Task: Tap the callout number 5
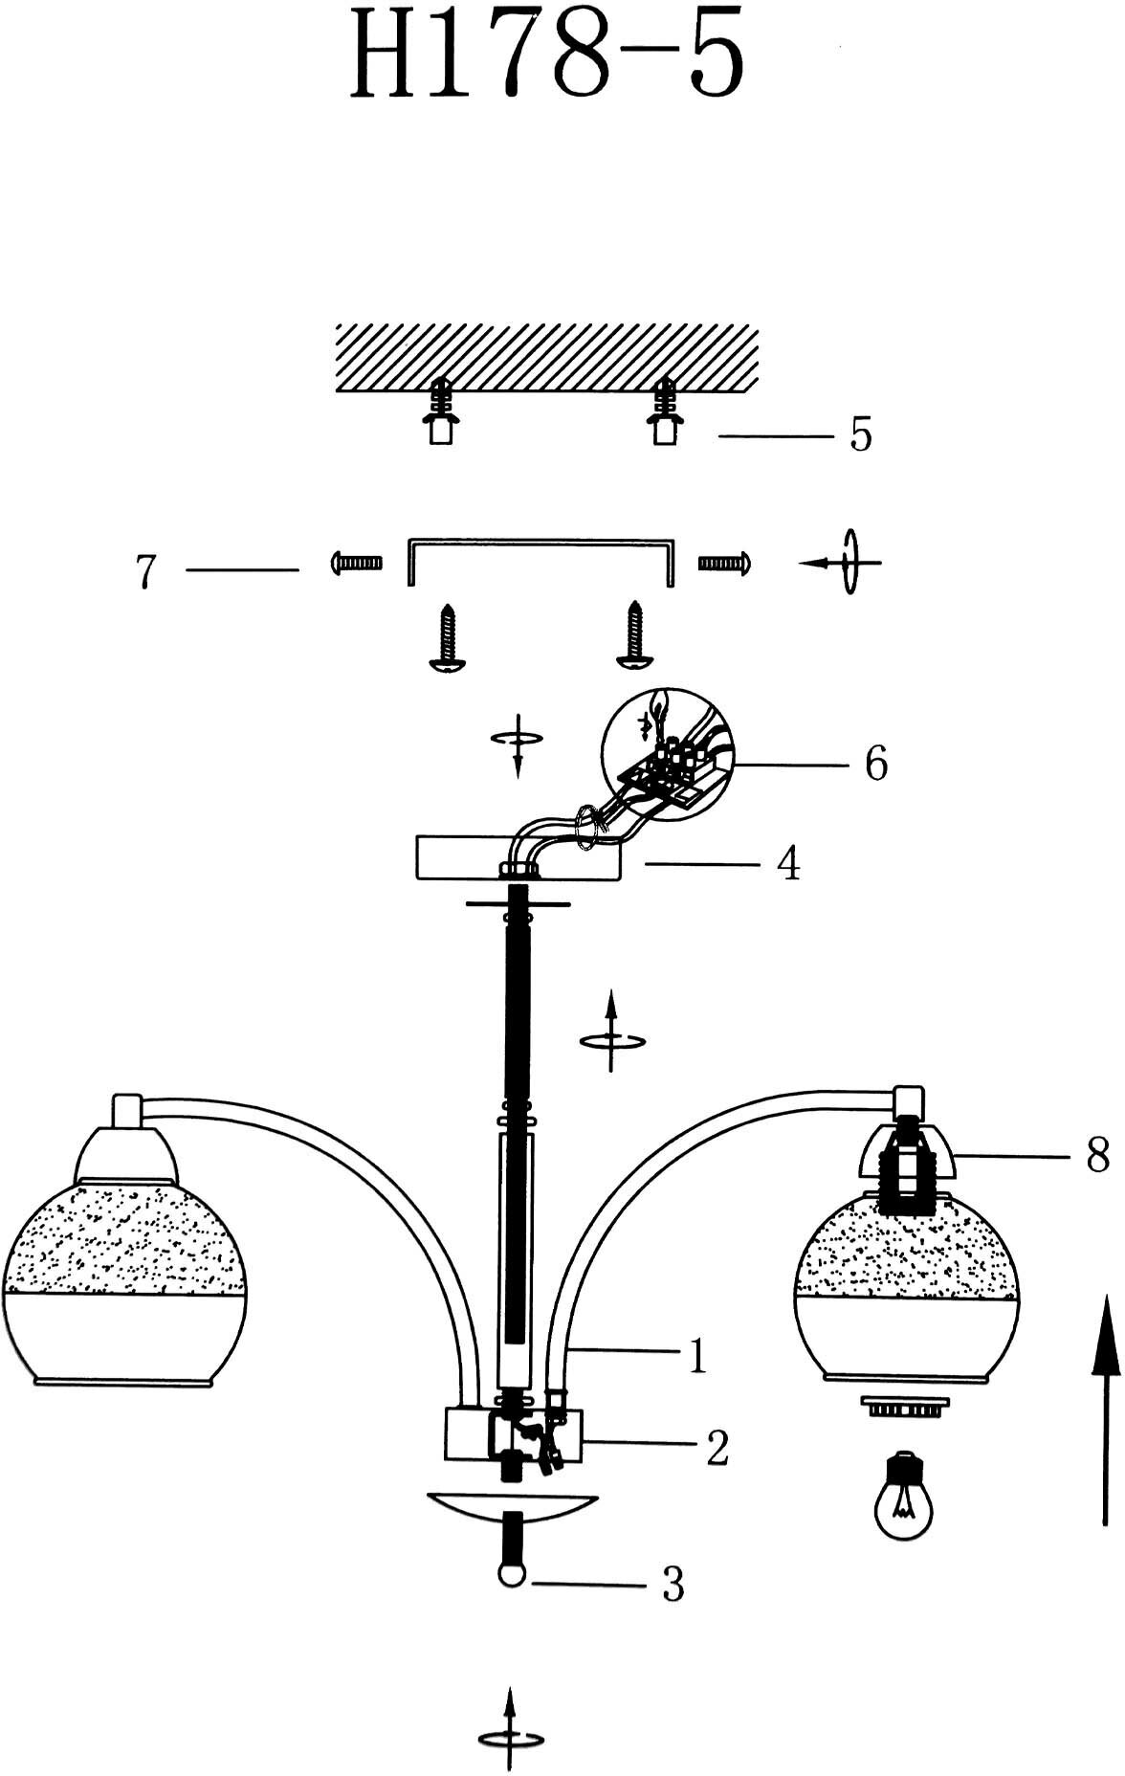pyautogui.click(x=861, y=435)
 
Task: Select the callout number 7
pyautogui.click(x=146, y=571)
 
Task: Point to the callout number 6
pyautogui.click(x=875, y=764)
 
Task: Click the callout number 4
pyautogui.click(x=787, y=864)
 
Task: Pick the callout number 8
pyautogui.click(x=1097, y=1155)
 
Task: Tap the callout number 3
pyautogui.click(x=673, y=1586)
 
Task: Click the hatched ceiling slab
pyautogui.click(x=546, y=357)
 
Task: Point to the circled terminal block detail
pyautogui.click(x=666, y=753)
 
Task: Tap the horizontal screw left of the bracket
pyautogui.click(x=356, y=562)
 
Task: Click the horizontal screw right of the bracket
pyautogui.click(x=724, y=562)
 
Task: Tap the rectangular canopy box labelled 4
pyautogui.click(x=517, y=858)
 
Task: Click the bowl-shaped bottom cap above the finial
pyautogui.click(x=513, y=1505)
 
